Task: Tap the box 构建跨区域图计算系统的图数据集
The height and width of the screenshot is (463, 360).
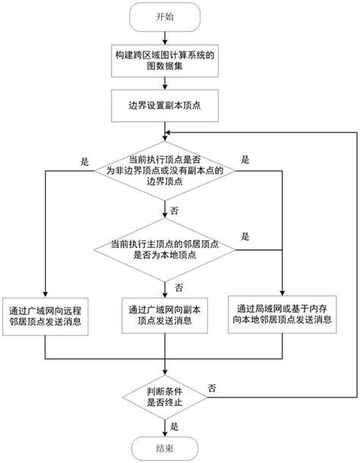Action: (x=164, y=60)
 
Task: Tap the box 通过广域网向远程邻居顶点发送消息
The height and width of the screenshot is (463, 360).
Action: (x=46, y=316)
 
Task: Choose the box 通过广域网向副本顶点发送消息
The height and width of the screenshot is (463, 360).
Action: (x=163, y=316)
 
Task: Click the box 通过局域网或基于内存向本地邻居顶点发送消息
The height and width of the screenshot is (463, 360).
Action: (x=281, y=316)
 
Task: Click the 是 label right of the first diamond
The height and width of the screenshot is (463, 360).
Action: (x=245, y=161)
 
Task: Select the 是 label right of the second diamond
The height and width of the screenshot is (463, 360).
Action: (x=245, y=237)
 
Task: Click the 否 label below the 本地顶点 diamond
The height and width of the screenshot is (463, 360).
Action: (x=179, y=287)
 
